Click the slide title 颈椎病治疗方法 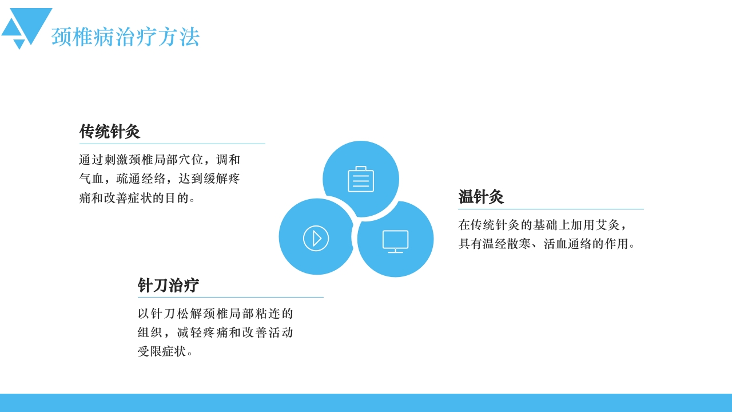coord(125,37)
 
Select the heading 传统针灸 coord(109,132)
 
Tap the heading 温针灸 coord(480,197)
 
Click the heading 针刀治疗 coord(168,286)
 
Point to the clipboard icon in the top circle coord(361,179)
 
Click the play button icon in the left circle coord(316,238)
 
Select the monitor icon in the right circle coord(395,241)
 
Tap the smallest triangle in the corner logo coord(19,43)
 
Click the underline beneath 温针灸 coord(551,209)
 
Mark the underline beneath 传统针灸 coord(172,144)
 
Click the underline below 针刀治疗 coord(230,298)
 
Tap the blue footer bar coord(366,403)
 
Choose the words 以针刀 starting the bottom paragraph coord(157,314)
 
